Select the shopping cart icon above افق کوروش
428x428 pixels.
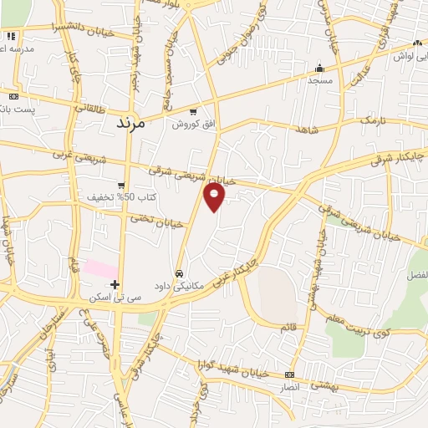click(193, 112)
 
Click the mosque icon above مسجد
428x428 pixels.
click(318, 69)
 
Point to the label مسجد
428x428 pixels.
click(319, 81)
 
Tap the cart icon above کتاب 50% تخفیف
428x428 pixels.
click(121, 186)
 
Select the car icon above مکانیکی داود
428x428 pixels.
click(179, 273)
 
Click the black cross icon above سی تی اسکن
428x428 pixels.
click(115, 285)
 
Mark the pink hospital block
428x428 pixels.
click(101, 268)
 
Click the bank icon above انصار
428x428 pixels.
click(290, 374)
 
